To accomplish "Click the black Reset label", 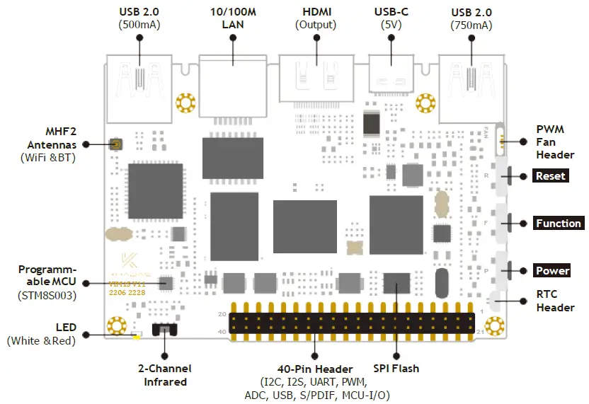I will tap(550, 176).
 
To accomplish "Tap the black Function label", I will tap(558, 224).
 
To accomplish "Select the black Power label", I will tap(552, 271).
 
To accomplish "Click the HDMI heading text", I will tap(316, 11).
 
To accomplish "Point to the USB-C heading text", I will tap(389, 11).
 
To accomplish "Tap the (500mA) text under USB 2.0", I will tap(139, 25).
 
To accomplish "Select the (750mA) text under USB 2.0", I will tap(471, 25).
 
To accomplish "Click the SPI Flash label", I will tap(396, 369).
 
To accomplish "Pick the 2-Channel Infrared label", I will tap(164, 375).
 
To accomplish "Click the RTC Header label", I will tap(555, 301).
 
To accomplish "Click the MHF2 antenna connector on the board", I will tap(115, 144).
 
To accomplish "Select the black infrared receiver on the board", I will tap(165, 329).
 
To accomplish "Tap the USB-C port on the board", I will tap(389, 81).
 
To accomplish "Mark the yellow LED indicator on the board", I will tap(136, 335).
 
